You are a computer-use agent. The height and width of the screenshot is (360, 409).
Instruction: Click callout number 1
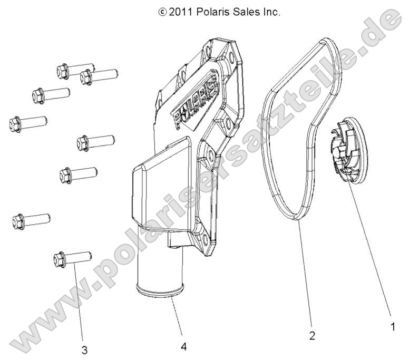click(391, 327)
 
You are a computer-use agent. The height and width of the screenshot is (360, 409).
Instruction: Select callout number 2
click(311, 336)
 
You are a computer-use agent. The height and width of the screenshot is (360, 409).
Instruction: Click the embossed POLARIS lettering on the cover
click(196, 105)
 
